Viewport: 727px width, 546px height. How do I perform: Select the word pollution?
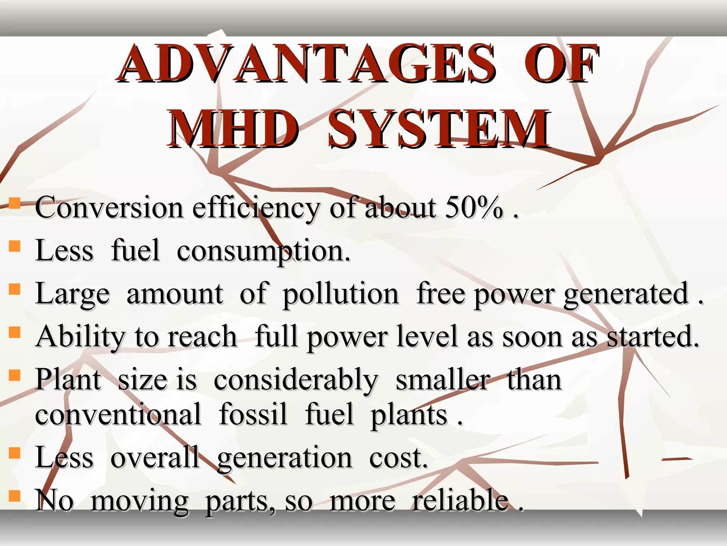point(340,294)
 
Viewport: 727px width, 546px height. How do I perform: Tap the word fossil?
point(253,414)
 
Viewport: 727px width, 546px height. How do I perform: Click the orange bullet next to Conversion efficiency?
point(15,204)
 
